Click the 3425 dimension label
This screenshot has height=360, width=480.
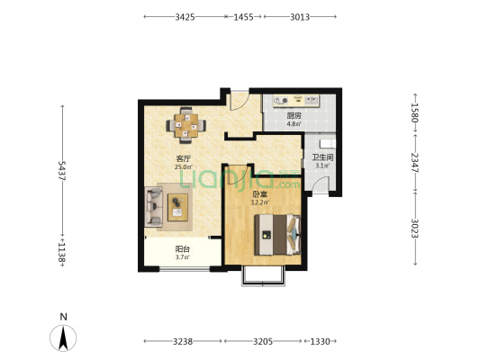(185, 17)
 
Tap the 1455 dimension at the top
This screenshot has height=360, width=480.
(244, 17)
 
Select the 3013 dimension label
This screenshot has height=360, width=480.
(300, 17)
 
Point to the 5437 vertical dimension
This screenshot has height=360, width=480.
(62, 171)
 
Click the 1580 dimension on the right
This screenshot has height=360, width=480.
(415, 112)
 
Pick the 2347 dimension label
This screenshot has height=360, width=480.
(415, 163)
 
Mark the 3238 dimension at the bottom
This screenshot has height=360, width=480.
(183, 341)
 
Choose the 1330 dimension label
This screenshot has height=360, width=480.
(321, 341)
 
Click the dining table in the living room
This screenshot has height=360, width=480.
(186, 125)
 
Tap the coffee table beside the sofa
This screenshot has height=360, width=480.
(177, 207)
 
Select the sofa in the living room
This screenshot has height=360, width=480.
(153, 207)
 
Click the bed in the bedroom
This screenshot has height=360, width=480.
(277, 235)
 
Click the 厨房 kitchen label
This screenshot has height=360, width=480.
(294, 116)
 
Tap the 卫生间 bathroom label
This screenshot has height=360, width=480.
(322, 157)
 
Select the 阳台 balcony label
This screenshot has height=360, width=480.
(183, 249)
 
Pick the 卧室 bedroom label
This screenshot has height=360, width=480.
(260, 194)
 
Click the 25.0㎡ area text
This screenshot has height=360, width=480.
(184, 167)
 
